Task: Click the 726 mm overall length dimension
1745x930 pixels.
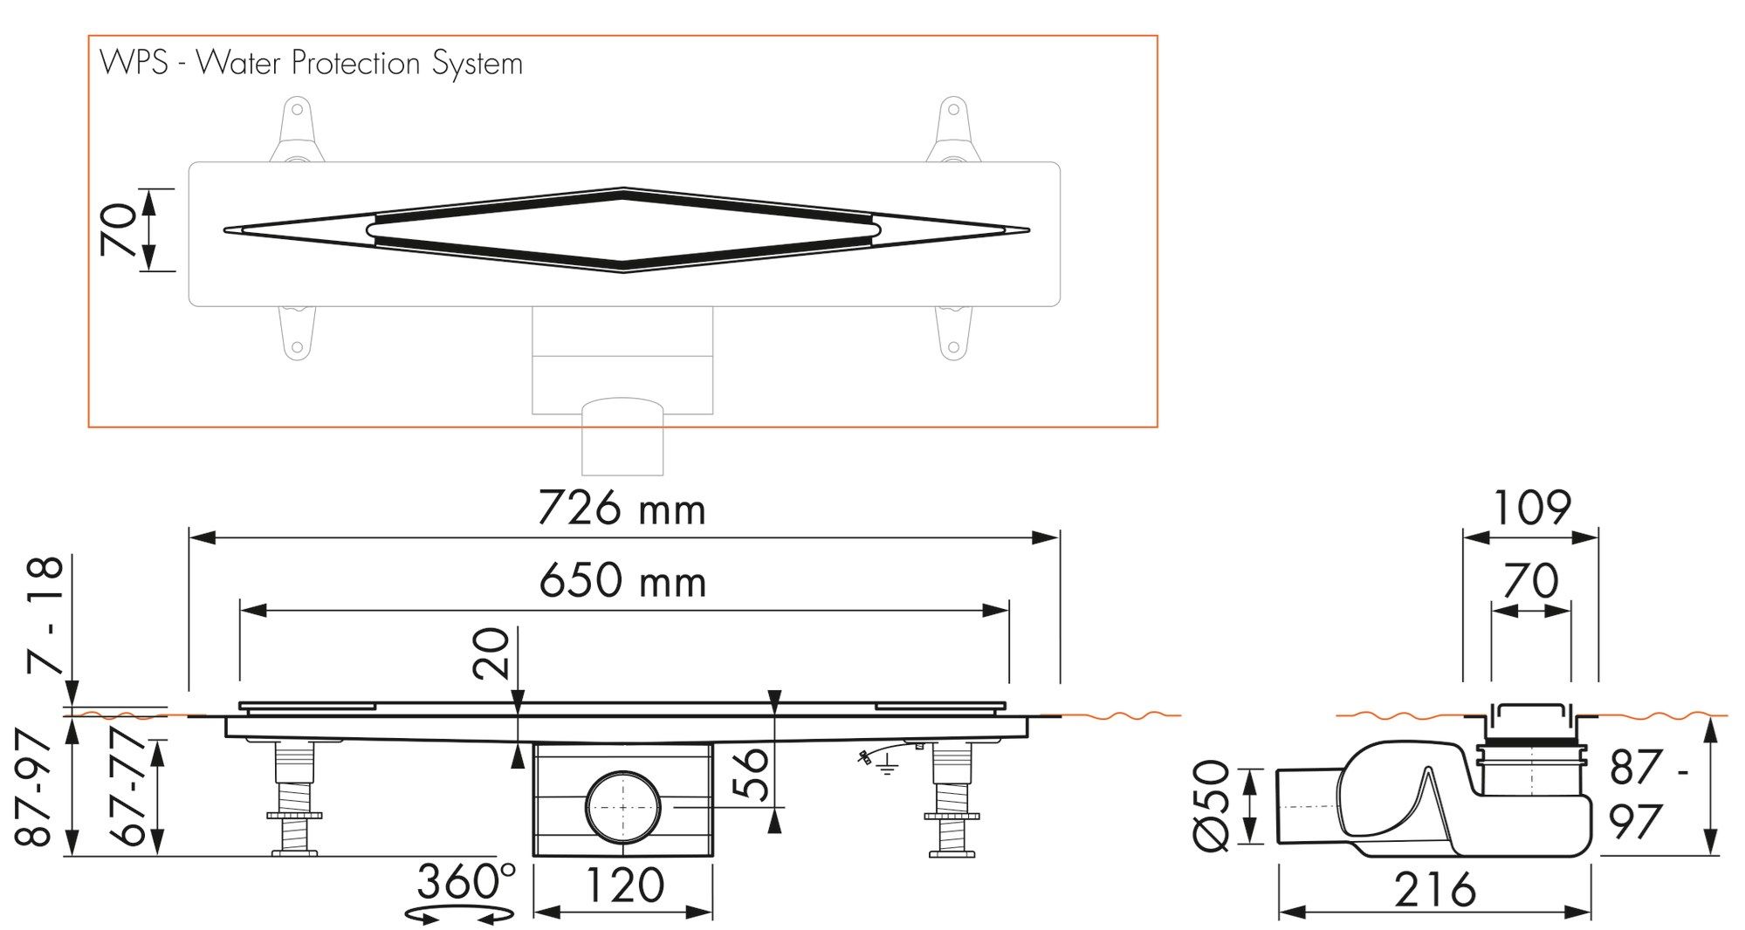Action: (x=621, y=509)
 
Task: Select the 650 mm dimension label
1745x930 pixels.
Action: (x=622, y=581)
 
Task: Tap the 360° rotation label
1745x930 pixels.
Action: (x=465, y=881)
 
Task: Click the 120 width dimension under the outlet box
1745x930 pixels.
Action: (x=623, y=886)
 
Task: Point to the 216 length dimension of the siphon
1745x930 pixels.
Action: (x=1434, y=890)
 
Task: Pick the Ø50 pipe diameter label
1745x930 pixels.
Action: (x=1211, y=804)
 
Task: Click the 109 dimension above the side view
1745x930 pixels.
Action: (x=1531, y=508)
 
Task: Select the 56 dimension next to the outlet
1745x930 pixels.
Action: (x=752, y=773)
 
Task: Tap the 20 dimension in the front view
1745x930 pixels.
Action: (x=491, y=653)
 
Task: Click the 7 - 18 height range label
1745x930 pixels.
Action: (x=45, y=615)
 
